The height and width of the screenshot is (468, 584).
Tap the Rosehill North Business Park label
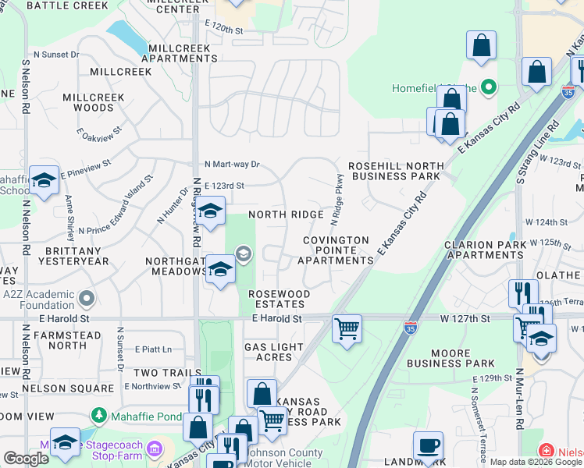[395, 171]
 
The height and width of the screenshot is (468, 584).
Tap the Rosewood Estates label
[279, 299]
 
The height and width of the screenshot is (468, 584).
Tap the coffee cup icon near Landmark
[427, 445]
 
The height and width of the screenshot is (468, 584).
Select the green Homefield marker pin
[489, 87]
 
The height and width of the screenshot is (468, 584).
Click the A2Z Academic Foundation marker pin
[87, 297]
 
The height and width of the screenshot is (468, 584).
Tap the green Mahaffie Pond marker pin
[98, 414]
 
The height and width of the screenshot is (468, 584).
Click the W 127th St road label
[464, 318]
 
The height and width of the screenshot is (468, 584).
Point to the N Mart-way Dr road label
[231, 165]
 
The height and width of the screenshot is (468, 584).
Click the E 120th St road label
[231, 27]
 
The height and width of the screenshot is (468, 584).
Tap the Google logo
[26, 459]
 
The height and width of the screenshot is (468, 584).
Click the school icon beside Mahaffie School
[44, 180]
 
